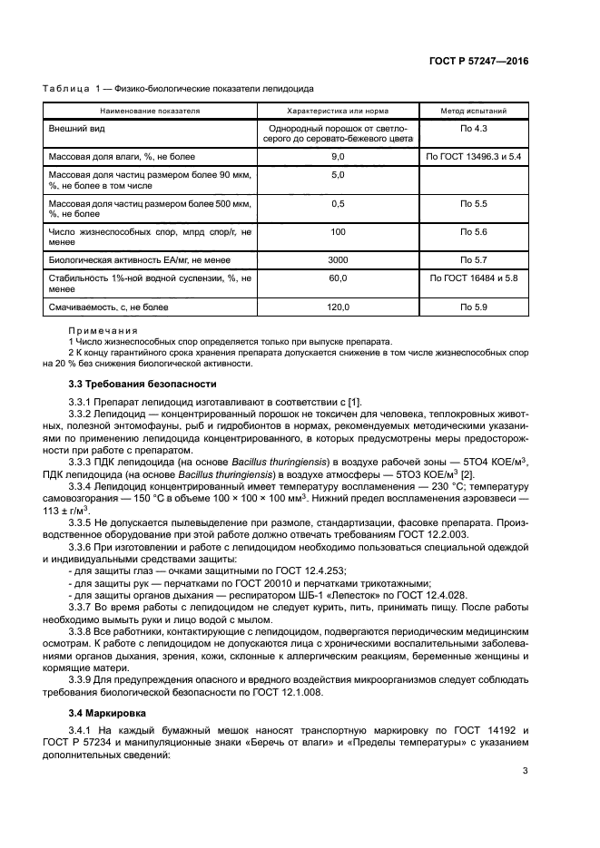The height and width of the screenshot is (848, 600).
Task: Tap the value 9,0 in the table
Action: pyautogui.click(x=338, y=157)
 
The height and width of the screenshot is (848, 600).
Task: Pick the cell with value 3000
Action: pyautogui.click(x=338, y=259)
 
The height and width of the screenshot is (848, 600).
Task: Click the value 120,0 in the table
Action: pyautogui.click(x=338, y=308)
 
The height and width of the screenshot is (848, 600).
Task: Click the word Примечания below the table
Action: pyautogui.click(x=103, y=331)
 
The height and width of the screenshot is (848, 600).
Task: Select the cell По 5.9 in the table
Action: pyautogui.click(x=474, y=308)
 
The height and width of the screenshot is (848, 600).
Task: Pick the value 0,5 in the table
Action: pyautogui.click(x=338, y=203)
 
